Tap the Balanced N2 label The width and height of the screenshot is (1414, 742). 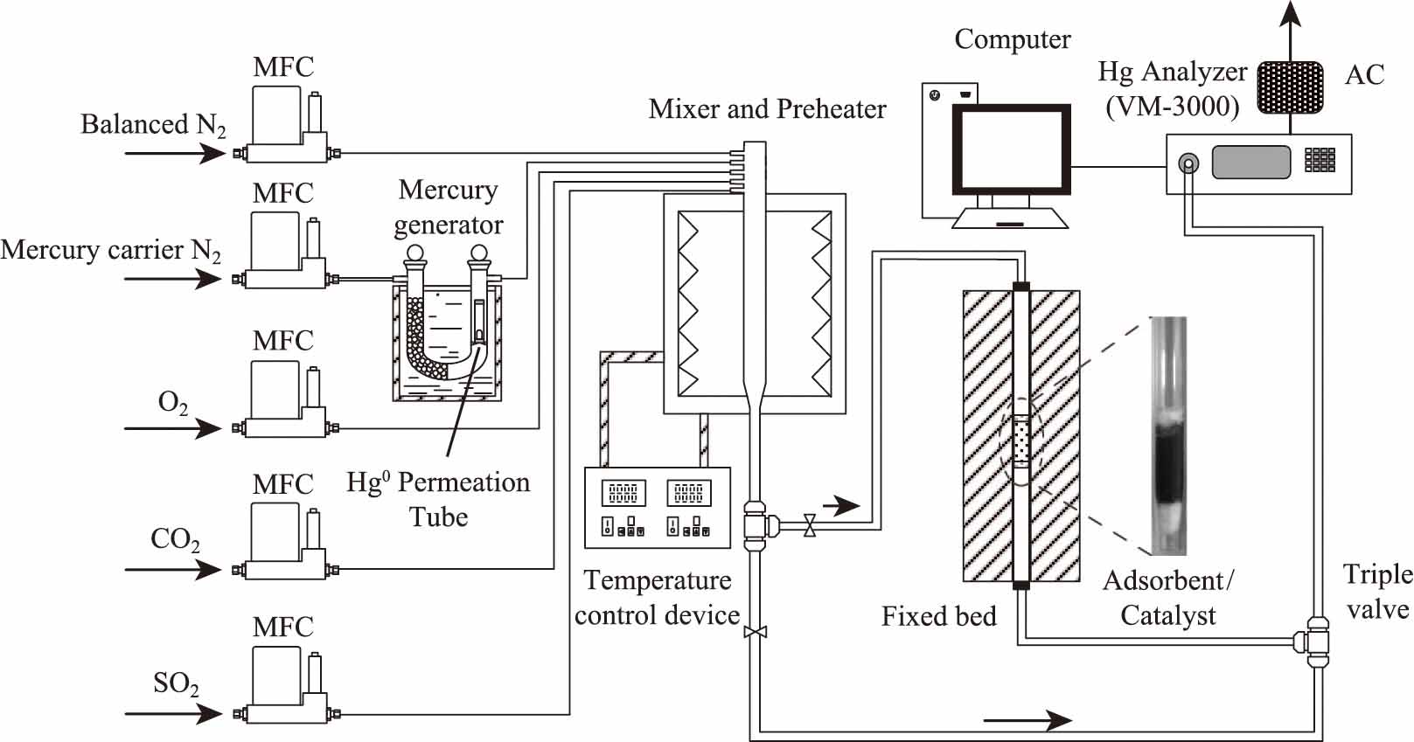[153, 125]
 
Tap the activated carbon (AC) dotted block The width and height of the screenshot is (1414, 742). [1290, 87]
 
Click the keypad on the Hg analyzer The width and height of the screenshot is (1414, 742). [1320, 159]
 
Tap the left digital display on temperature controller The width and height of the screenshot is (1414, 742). [623, 494]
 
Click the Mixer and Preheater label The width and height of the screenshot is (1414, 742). [767, 109]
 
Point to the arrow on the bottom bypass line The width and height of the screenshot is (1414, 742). [1027, 720]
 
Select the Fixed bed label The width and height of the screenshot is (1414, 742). [938, 616]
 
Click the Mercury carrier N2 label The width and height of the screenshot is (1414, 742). [111, 251]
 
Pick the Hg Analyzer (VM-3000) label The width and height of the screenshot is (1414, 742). [1173, 88]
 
